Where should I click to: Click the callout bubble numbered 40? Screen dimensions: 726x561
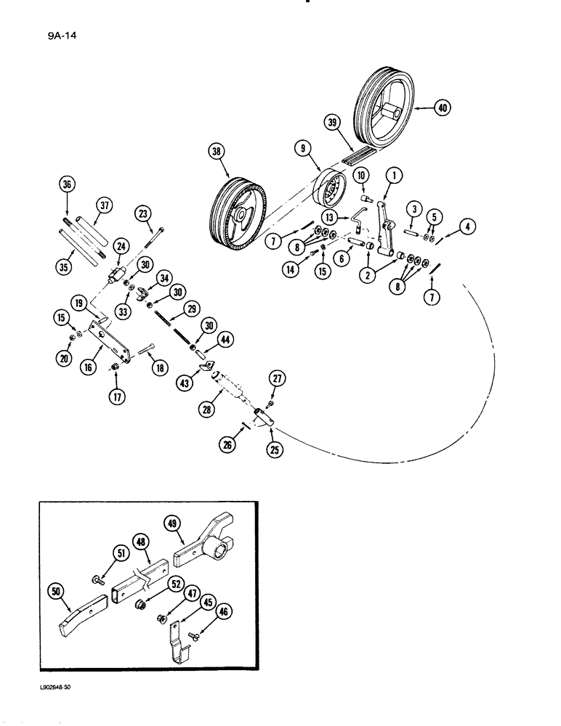pyautogui.click(x=441, y=108)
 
